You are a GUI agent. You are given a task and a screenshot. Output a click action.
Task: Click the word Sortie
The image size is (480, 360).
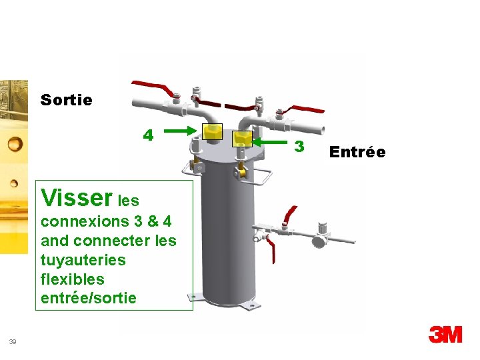[66, 101]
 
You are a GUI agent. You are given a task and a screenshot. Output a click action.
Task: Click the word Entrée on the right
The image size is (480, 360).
[357, 152]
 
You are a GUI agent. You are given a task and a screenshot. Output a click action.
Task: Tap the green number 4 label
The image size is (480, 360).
[149, 135]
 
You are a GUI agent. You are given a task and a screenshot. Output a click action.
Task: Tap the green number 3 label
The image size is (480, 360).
[299, 145]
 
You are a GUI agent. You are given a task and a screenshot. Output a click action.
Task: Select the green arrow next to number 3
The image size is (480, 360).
[272, 141]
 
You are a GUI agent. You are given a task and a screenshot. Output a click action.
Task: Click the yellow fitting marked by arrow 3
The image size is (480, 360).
[241, 138]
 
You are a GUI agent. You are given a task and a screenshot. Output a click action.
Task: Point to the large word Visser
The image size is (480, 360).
[76, 197]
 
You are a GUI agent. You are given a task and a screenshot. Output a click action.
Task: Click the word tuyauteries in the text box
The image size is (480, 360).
[83, 259]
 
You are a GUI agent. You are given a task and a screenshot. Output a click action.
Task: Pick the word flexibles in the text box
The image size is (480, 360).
[73, 278]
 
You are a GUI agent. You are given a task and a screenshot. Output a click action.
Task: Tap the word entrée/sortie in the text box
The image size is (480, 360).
[89, 297]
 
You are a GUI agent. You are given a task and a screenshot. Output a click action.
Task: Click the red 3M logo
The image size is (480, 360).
[445, 334]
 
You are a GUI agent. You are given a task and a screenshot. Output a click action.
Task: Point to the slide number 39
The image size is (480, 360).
[13, 342]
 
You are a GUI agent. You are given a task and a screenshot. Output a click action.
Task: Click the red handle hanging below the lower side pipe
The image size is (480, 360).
[273, 252]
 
